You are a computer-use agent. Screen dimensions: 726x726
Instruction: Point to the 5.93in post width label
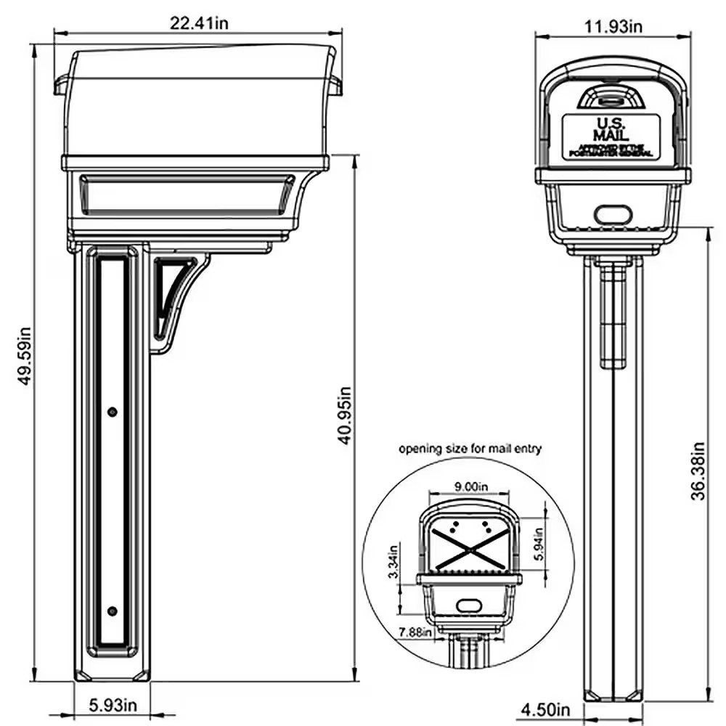click(x=113, y=704)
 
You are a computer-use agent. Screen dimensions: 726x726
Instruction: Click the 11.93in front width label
click(x=614, y=27)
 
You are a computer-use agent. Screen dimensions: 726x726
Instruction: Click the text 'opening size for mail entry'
click(x=470, y=449)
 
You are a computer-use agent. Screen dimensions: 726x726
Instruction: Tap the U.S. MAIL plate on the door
click(x=611, y=136)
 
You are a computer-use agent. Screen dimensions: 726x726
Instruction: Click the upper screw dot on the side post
click(x=111, y=412)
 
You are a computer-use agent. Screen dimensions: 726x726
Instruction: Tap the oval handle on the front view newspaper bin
click(x=611, y=214)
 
